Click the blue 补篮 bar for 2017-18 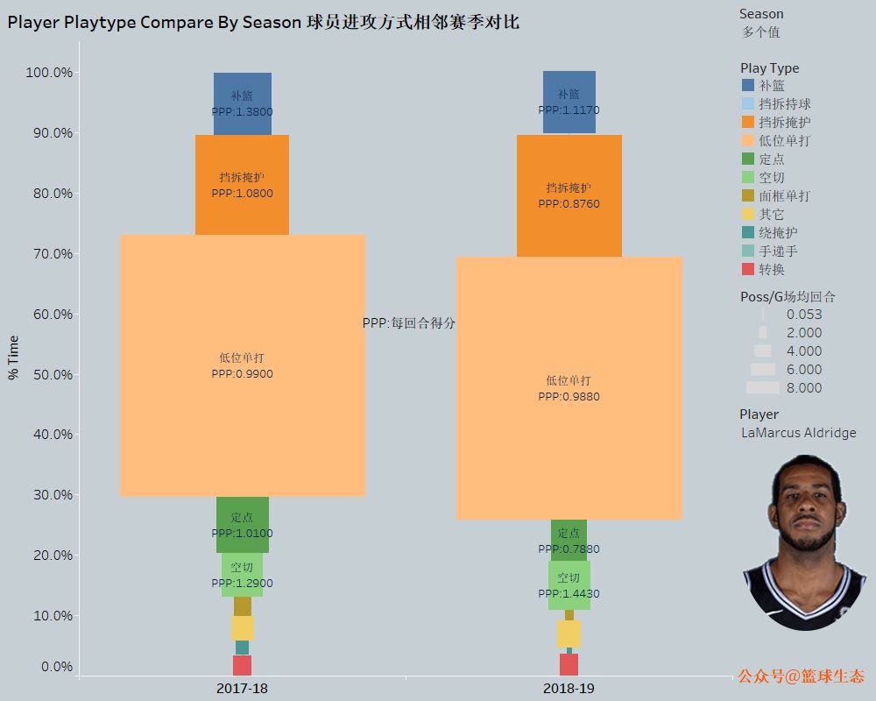242,103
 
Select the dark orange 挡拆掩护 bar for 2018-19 569,195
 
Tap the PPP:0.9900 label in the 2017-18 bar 242,374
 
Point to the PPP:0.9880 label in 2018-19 569,397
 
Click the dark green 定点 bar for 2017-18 242,525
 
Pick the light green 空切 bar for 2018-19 569,584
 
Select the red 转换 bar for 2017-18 242,665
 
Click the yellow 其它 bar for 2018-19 569,634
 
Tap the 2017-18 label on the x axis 242,689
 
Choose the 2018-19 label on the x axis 569,689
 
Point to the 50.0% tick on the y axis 49,375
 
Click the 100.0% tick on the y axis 49,73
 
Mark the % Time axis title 13,358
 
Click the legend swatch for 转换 748,269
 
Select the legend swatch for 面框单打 748,195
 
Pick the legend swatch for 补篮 748,85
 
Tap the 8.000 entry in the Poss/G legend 803,388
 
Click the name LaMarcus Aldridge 798,433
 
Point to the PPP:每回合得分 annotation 409,323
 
